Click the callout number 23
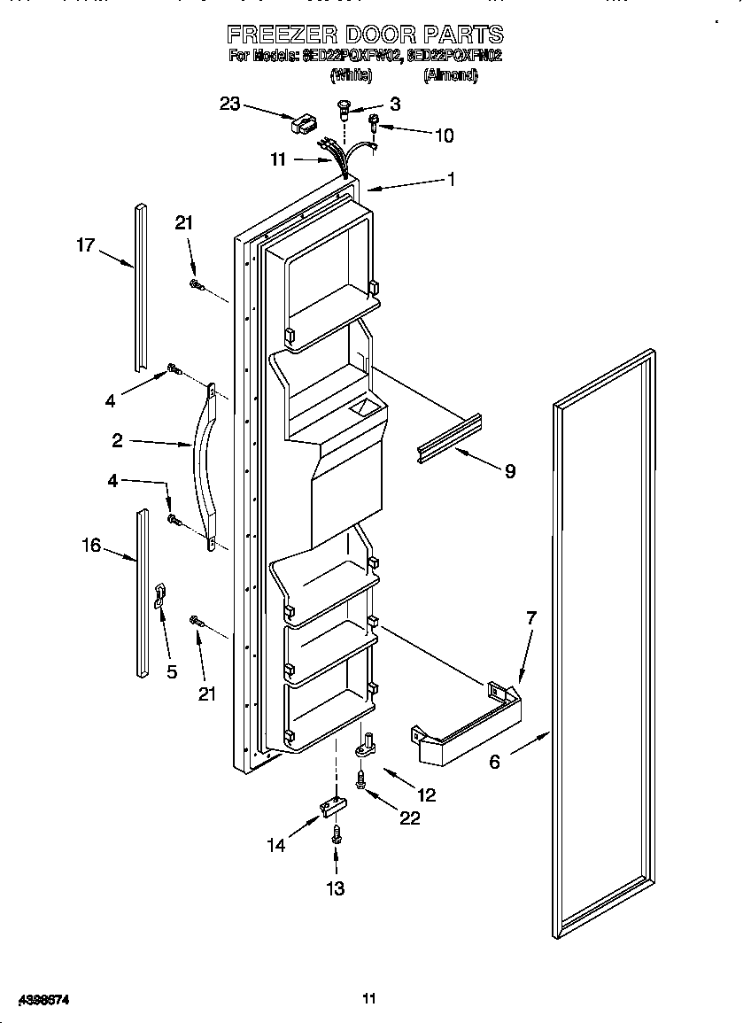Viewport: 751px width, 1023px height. tap(229, 104)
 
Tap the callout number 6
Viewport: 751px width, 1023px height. tap(493, 761)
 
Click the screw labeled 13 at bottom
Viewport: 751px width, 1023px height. tap(337, 833)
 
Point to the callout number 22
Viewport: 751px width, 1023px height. tap(409, 818)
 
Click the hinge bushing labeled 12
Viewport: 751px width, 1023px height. tap(365, 749)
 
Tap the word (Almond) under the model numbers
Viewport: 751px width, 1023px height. tap(450, 76)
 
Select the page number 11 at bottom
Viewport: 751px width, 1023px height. tap(369, 998)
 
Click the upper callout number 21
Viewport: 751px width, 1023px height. tap(183, 223)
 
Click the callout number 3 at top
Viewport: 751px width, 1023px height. tap(394, 104)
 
